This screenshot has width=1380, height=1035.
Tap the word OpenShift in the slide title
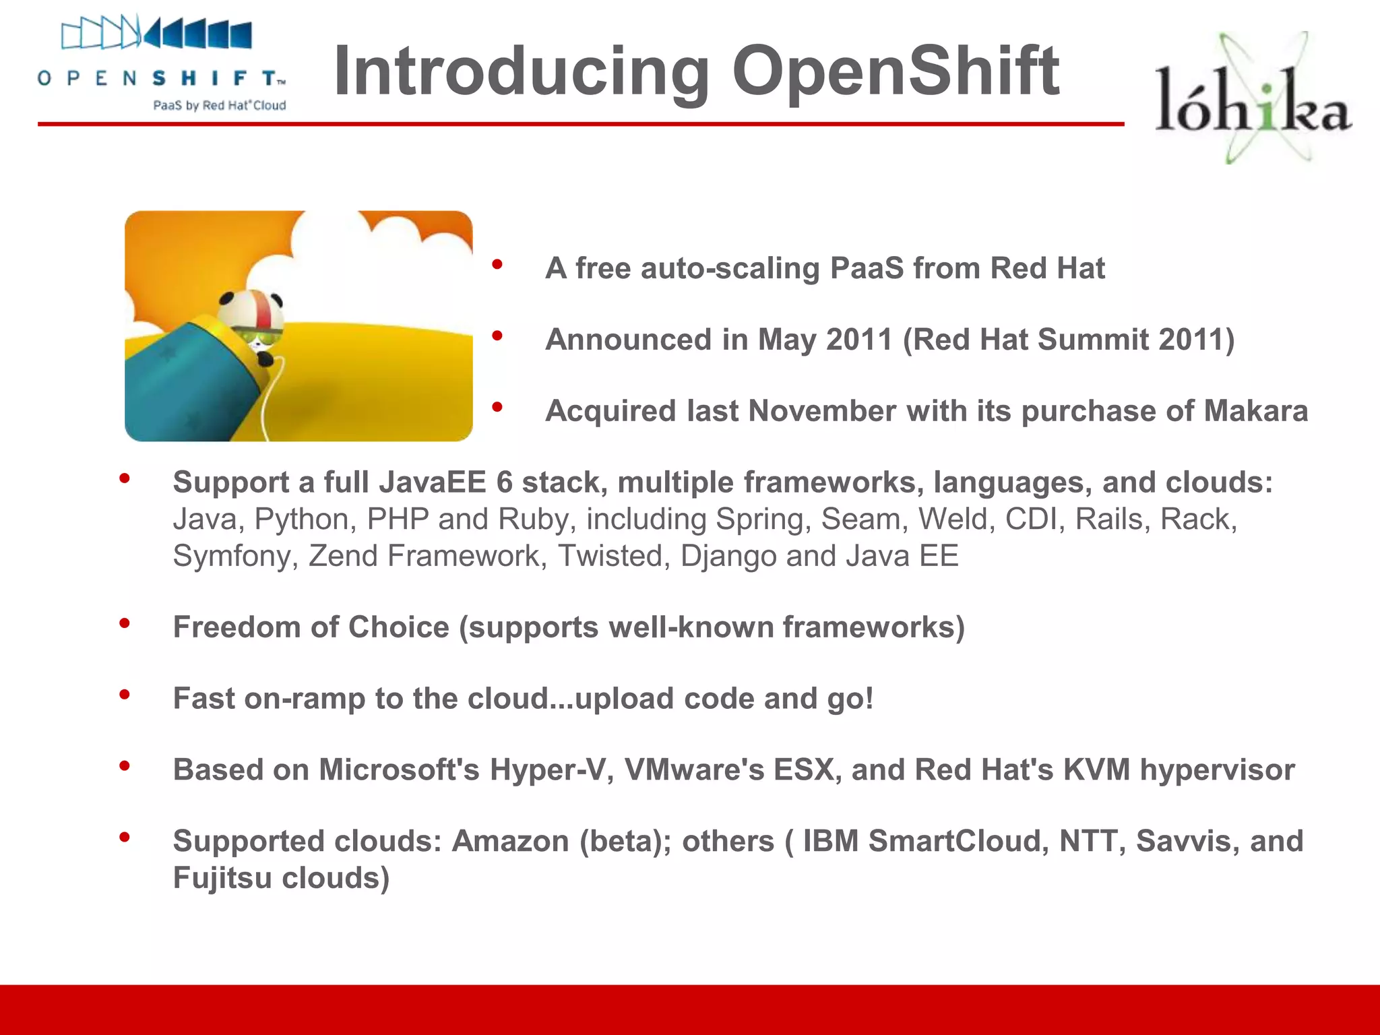[896, 71]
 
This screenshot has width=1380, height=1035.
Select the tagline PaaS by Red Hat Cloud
[220, 106]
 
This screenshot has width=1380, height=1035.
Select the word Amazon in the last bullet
[510, 841]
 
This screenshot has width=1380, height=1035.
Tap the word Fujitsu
[222, 878]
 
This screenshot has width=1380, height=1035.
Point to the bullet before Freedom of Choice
[125, 624]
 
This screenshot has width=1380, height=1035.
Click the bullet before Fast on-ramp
[125, 695]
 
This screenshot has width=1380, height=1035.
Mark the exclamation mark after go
[869, 698]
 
